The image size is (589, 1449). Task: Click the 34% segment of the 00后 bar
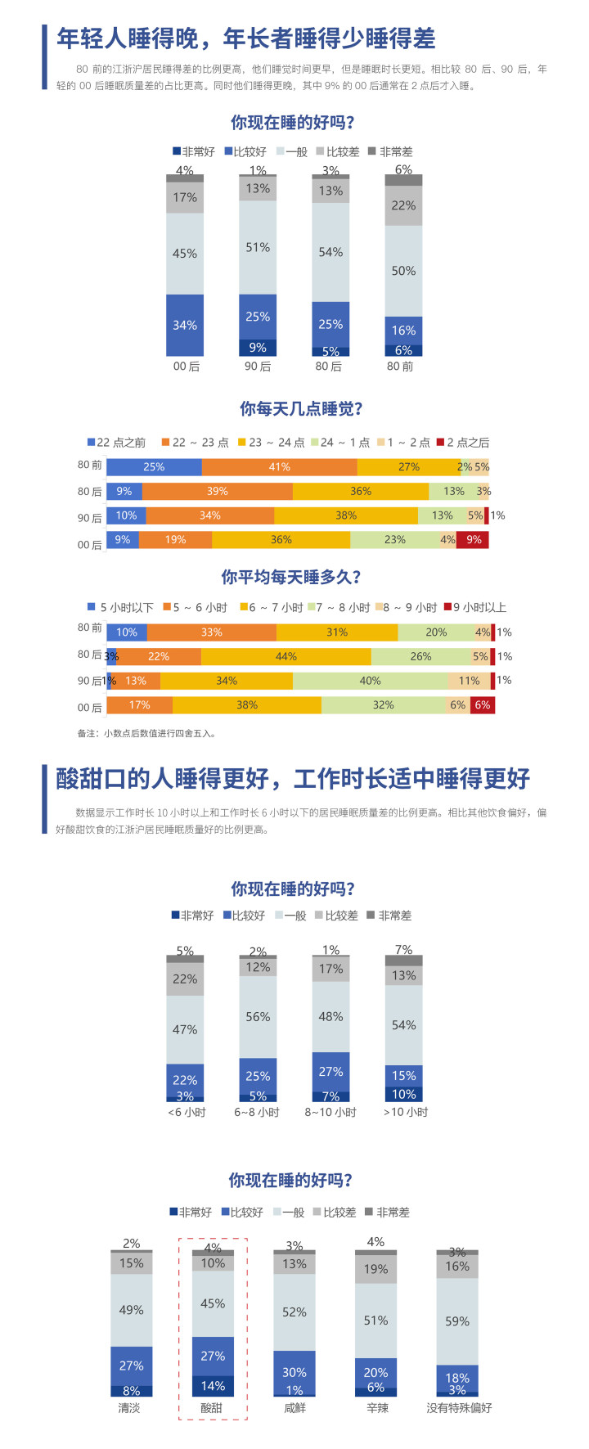(x=185, y=325)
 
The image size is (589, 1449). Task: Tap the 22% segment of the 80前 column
(x=403, y=205)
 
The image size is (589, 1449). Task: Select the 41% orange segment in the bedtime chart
(x=279, y=467)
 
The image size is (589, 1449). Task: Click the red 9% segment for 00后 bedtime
(x=473, y=540)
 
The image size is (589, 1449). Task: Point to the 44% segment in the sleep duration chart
(x=286, y=656)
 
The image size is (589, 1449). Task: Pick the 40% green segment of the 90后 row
(x=370, y=681)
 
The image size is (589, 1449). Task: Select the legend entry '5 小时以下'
(x=121, y=608)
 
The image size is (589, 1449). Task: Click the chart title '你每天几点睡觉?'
(x=301, y=409)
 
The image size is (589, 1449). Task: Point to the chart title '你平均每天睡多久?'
(x=290, y=578)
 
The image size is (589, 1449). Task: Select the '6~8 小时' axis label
(x=257, y=1113)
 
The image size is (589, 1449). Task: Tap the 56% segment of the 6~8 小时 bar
(x=258, y=1017)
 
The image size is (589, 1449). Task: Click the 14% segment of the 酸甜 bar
(x=213, y=1386)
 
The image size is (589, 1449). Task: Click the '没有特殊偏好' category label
(x=459, y=1408)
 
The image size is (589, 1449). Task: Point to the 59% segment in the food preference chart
(x=457, y=1321)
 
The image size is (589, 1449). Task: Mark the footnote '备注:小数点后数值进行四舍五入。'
(x=147, y=733)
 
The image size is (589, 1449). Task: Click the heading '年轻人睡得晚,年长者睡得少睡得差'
(x=245, y=38)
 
